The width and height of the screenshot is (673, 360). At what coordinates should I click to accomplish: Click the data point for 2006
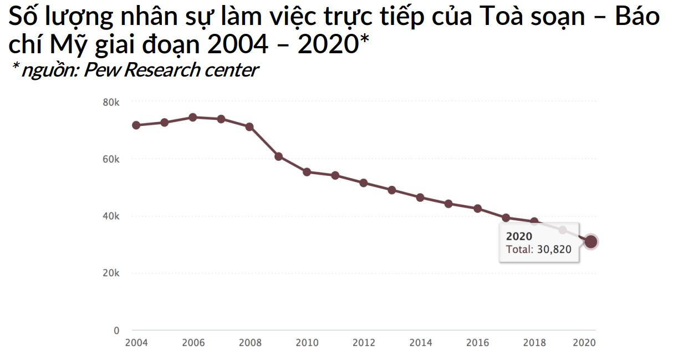(x=192, y=117)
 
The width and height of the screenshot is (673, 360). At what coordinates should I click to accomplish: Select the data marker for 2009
(x=278, y=156)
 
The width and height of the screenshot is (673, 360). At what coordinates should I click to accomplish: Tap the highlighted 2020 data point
(x=591, y=241)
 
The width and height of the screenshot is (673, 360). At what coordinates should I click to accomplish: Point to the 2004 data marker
(x=136, y=125)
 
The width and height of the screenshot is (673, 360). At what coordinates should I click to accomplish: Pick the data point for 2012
(x=364, y=182)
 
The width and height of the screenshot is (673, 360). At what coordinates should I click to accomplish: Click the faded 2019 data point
(x=563, y=230)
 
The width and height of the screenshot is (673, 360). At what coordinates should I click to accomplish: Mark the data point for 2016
(x=477, y=209)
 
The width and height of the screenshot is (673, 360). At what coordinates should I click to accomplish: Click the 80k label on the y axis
(x=111, y=102)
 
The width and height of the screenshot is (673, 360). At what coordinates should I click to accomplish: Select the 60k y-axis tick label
(x=111, y=159)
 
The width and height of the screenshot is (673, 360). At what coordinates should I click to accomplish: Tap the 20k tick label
(x=111, y=273)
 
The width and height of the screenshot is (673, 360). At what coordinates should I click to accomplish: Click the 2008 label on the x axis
(x=250, y=343)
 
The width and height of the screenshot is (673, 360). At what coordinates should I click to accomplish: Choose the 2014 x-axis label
(x=421, y=343)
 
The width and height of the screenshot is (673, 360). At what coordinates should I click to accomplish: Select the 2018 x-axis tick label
(x=534, y=343)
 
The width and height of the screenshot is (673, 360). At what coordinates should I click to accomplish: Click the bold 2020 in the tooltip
(x=519, y=237)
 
